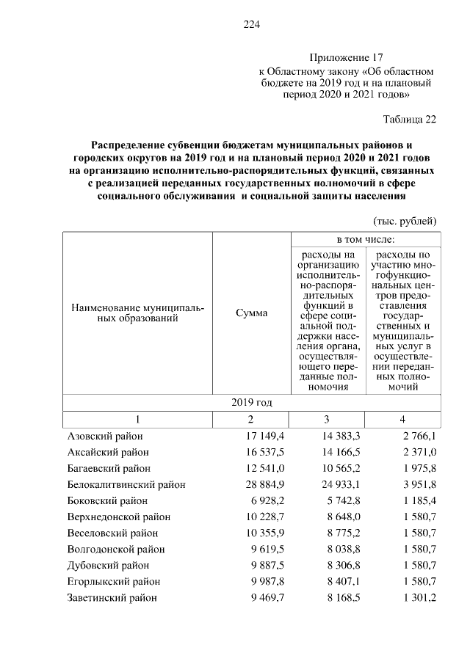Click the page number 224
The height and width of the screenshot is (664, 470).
click(253, 25)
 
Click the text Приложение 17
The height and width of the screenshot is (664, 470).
click(347, 57)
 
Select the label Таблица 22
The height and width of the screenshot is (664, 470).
click(410, 120)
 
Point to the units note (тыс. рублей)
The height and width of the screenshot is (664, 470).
click(405, 221)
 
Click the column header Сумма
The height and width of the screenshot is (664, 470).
click(251, 313)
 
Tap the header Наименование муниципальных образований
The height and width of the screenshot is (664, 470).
click(137, 313)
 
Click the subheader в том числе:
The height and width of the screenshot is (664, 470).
click(365, 239)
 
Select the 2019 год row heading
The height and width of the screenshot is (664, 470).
click(251, 402)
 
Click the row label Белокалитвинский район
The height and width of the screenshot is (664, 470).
click(126, 484)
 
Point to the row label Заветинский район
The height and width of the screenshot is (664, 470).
click(112, 597)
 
